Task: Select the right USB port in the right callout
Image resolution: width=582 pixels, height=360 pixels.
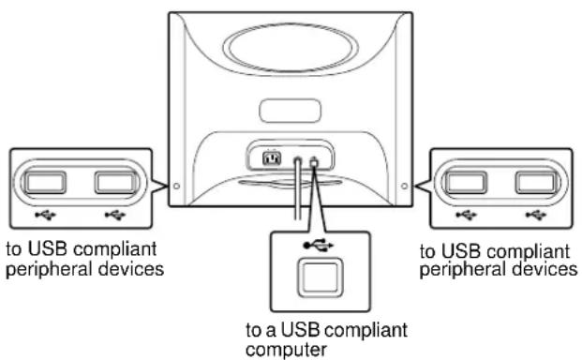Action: click(x=536, y=179)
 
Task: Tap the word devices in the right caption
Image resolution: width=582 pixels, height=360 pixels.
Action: click(x=546, y=270)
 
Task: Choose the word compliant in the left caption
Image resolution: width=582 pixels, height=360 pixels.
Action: click(x=123, y=251)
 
